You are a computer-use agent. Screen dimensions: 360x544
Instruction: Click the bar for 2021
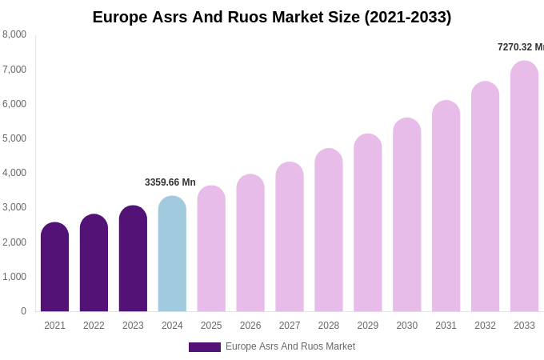(54, 267)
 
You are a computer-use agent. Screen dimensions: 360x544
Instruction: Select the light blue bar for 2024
(172, 254)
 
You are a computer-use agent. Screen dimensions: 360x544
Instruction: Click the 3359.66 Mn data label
(170, 182)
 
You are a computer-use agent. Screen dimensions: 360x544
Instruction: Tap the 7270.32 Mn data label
(520, 47)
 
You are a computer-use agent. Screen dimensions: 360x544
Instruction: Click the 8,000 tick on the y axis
(14, 34)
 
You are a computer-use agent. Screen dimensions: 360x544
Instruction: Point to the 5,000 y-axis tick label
(14, 138)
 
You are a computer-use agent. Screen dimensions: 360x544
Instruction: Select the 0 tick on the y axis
(23, 311)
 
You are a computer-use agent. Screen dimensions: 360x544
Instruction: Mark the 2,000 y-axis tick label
(14, 242)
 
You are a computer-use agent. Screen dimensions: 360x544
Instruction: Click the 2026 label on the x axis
(250, 326)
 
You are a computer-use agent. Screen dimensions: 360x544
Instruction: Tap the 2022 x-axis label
(94, 326)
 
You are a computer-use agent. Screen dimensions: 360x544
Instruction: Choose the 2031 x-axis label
(446, 326)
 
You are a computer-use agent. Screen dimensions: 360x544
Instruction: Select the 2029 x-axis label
(367, 326)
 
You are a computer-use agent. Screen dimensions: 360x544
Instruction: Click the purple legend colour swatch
(204, 347)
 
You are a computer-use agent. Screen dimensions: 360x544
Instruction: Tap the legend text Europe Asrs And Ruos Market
(290, 346)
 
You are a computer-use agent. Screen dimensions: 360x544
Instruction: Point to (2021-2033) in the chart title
(407, 17)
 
